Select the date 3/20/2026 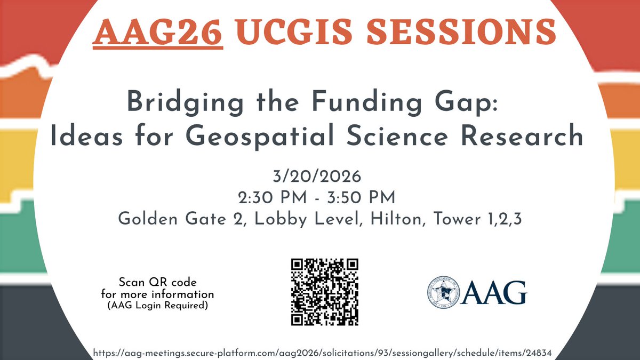[320, 176]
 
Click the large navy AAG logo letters [494, 292]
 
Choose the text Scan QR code [157, 283]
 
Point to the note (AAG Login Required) [157, 305]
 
